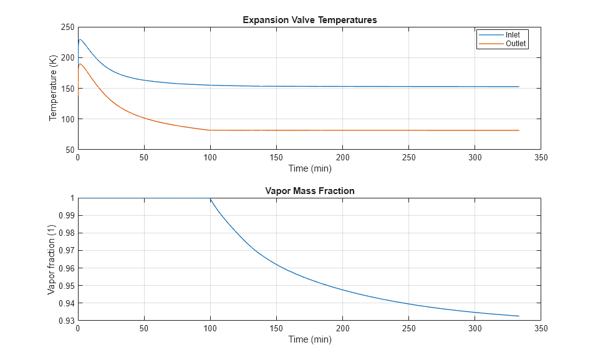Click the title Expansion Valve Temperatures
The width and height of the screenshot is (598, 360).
point(309,20)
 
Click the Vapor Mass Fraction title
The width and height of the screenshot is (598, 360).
point(309,191)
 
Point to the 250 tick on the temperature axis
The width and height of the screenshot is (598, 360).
point(66,27)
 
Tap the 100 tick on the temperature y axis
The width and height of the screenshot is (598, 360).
point(66,119)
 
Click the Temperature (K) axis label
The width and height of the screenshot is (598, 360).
point(53,88)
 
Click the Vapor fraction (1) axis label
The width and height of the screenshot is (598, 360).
point(53,259)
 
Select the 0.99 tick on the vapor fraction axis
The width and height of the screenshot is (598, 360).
point(64,216)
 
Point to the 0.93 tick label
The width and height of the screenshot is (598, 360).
point(64,321)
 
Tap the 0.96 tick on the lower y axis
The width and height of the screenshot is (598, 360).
point(64,268)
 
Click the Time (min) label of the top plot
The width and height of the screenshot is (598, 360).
point(309,168)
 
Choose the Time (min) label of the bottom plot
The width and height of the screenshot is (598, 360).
point(309,339)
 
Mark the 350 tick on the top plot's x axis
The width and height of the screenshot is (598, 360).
point(541,158)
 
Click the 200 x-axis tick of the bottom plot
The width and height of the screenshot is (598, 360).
point(342,329)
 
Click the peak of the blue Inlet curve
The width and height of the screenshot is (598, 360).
point(80,40)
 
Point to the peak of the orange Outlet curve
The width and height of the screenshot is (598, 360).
point(80,64)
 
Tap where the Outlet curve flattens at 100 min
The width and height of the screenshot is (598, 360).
point(210,130)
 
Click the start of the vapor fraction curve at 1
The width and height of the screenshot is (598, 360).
point(210,198)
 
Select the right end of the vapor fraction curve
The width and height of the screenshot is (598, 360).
point(518,316)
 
